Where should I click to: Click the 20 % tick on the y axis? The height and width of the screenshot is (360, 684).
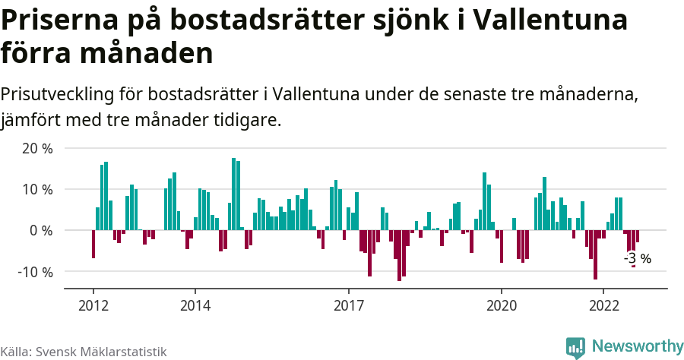pos(37,148)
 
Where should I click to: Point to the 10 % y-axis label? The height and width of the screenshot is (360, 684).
pos(37,189)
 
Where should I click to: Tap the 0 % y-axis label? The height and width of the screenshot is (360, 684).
pos(41,230)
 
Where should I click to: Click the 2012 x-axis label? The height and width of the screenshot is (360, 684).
pos(93,303)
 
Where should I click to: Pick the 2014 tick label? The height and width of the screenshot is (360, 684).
pos(195,303)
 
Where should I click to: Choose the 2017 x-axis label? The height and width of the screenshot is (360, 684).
pos(348,303)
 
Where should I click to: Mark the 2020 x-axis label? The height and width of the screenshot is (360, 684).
pos(502,303)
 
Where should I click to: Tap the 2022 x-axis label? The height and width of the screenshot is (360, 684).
pos(603,303)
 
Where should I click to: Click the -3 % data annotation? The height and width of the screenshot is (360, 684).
pos(638,258)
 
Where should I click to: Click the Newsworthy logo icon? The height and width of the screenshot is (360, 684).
pos(575,347)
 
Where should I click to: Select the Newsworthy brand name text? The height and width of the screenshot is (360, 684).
pos(637,346)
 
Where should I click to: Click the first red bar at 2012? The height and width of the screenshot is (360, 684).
pos(93,244)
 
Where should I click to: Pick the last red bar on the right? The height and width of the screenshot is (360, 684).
pos(638,236)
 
